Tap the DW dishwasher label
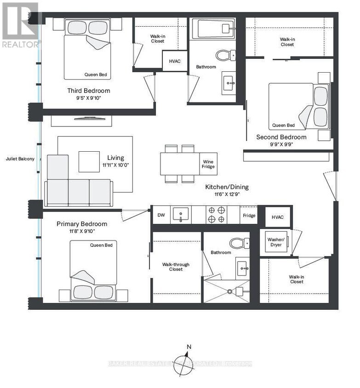click(x=161, y=215)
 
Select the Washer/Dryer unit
click(x=276, y=242)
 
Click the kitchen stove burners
click(x=217, y=215)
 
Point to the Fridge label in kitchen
click(x=249, y=215)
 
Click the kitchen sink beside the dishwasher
click(x=181, y=215)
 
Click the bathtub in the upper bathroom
click(x=213, y=29)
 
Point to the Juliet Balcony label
click(x=20, y=159)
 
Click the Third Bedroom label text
click(x=89, y=91)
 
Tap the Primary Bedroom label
click(x=82, y=224)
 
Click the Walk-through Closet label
click(x=176, y=267)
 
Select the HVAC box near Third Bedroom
click(x=175, y=61)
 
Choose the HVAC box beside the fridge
click(x=278, y=217)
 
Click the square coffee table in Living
click(x=89, y=161)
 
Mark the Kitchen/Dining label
click(x=226, y=187)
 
